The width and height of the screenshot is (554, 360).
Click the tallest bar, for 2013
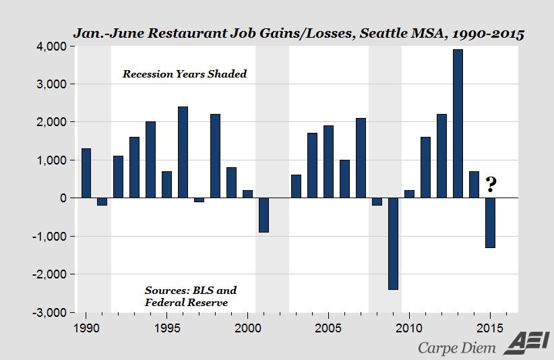(x=458, y=123)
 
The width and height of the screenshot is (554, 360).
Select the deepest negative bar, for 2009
(x=393, y=243)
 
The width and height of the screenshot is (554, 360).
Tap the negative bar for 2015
(x=490, y=222)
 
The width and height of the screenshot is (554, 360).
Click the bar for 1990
(x=86, y=173)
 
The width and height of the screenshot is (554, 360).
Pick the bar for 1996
(x=183, y=152)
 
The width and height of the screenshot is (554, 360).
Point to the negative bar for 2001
(x=264, y=214)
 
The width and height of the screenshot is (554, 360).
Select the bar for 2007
(x=361, y=158)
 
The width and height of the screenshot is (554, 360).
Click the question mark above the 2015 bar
(x=491, y=185)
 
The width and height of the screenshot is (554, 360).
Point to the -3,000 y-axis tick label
(x=51, y=313)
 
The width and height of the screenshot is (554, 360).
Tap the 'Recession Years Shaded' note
(x=184, y=74)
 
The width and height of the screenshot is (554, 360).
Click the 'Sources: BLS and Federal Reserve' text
(x=190, y=297)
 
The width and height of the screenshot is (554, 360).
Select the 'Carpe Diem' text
(x=456, y=347)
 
